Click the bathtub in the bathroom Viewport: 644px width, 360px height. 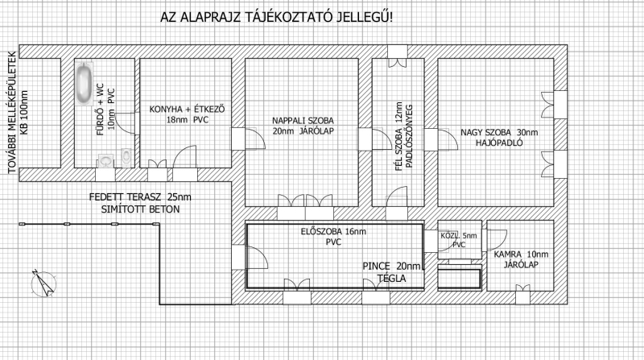(x=85, y=84)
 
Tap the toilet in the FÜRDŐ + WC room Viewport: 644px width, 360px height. (x=126, y=157)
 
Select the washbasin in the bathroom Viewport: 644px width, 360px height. (x=106, y=161)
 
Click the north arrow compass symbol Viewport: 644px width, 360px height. (x=43, y=283)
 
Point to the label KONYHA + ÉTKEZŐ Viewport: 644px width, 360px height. (x=187, y=110)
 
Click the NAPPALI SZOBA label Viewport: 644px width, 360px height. (x=303, y=121)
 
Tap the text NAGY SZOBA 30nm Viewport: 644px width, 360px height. (x=499, y=133)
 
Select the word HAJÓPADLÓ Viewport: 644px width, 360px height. (x=499, y=143)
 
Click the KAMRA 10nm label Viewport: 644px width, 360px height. (x=521, y=254)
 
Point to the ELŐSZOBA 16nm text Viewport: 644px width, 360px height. (x=333, y=231)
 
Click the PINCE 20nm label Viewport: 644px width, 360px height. (x=392, y=267)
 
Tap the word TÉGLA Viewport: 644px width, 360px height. (x=391, y=279)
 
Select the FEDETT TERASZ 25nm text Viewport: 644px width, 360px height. (x=140, y=197)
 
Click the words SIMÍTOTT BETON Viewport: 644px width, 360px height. (x=140, y=209)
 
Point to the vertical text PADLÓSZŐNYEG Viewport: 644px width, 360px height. (x=409, y=136)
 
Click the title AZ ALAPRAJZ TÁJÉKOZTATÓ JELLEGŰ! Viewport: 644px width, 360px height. (x=276, y=17)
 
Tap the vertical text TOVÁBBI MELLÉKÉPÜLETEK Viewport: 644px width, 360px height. (x=12, y=113)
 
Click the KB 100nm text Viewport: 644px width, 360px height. (x=24, y=113)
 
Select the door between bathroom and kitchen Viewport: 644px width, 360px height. (x=126, y=123)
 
